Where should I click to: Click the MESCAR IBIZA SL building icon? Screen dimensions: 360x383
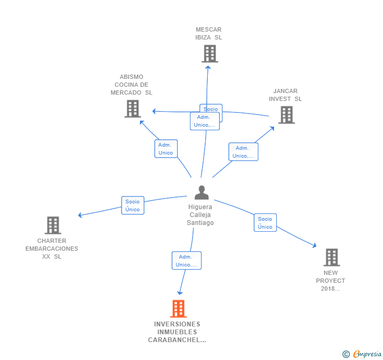(x=209, y=54)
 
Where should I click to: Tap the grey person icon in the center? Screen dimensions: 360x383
(x=201, y=193)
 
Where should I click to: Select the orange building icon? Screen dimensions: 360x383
(x=178, y=308)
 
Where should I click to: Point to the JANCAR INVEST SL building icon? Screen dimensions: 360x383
(x=286, y=115)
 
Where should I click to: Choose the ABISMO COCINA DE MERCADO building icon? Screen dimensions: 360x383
(x=133, y=109)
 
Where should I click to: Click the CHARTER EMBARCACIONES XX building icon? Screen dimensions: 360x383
(x=53, y=225)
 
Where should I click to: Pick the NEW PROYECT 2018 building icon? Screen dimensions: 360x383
(x=331, y=258)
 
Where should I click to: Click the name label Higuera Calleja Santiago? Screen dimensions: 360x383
(x=200, y=215)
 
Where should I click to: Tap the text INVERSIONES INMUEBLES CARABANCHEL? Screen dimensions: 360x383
(x=177, y=332)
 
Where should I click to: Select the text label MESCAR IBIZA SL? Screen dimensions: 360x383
(x=209, y=34)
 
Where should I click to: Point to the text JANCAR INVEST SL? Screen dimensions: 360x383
(x=286, y=95)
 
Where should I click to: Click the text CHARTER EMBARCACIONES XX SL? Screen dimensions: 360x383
(x=52, y=249)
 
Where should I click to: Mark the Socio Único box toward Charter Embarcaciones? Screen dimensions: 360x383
(x=133, y=205)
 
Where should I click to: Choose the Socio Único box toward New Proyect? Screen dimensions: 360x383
(x=265, y=223)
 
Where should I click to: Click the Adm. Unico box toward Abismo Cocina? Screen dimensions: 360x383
(x=166, y=149)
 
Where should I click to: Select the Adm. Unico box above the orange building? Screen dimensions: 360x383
(x=186, y=261)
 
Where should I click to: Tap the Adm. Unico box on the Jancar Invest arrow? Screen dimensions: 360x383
(x=243, y=152)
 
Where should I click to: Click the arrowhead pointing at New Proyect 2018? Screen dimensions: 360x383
(x=314, y=245)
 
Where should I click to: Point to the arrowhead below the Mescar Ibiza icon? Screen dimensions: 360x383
(x=208, y=66)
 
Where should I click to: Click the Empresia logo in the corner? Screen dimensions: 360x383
(x=362, y=354)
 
